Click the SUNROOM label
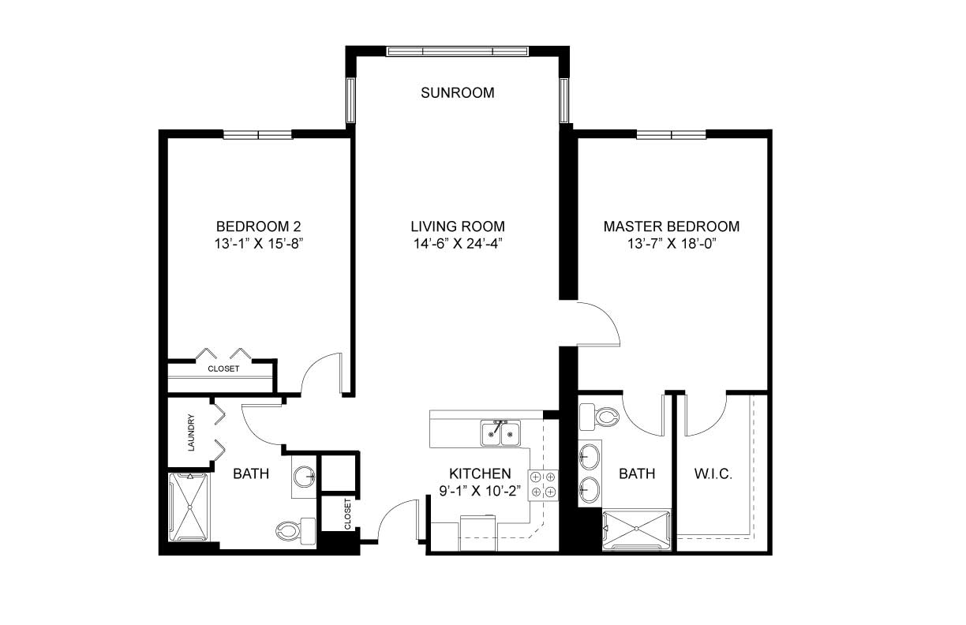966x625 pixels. tap(458, 93)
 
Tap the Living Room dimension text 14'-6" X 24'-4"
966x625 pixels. tap(459, 244)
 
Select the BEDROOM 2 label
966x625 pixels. tap(258, 226)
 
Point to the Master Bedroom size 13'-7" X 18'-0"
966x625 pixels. tap(672, 244)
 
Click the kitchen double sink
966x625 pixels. tap(500, 432)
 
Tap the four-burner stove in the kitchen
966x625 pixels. tap(543, 485)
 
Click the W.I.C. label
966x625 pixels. tap(713, 474)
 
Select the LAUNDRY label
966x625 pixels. tap(192, 432)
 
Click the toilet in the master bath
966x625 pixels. tap(598, 417)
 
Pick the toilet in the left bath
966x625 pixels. tap(296, 531)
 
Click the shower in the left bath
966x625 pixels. tap(189, 507)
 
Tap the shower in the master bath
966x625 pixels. tap(637, 530)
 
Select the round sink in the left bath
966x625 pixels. tap(304, 476)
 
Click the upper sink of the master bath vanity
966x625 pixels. tap(589, 456)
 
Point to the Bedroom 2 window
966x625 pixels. tap(258, 135)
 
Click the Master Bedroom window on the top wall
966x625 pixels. tap(671, 135)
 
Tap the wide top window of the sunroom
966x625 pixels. tap(458, 51)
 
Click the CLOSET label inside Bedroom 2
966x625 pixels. tap(223, 369)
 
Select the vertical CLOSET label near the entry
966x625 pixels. tap(347, 515)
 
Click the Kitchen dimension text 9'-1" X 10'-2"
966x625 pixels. tap(480, 492)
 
